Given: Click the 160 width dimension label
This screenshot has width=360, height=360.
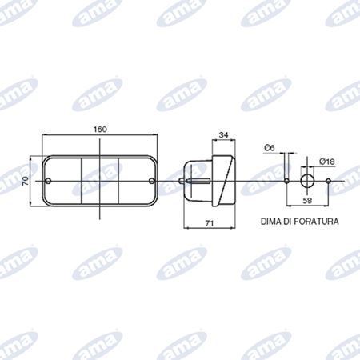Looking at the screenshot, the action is (100, 129).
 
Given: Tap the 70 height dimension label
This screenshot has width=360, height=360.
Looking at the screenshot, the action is (26, 181).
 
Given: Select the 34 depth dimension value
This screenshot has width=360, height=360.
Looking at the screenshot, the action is (223, 135).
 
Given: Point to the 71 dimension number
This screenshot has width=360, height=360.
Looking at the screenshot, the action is (210, 223).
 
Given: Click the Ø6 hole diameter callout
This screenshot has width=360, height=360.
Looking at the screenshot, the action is (270, 147).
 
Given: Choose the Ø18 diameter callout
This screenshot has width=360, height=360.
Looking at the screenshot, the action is (326, 162).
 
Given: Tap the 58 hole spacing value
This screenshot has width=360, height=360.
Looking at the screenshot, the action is (307, 200).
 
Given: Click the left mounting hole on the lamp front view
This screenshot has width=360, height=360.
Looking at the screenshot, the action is (48, 181).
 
